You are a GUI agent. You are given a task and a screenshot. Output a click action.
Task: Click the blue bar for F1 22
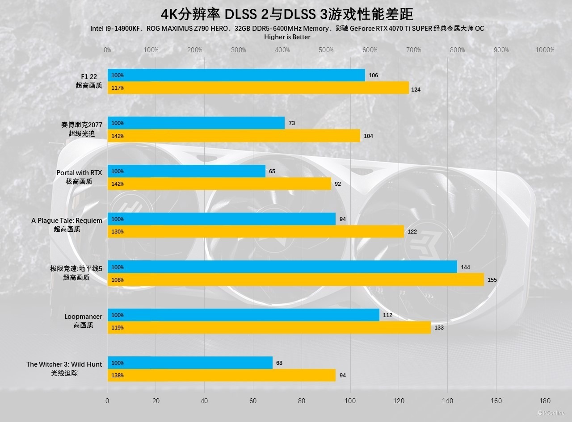[236, 75]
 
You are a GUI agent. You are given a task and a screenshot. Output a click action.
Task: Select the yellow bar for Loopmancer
[269, 327]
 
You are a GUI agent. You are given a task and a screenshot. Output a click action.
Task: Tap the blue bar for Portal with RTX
[186, 171]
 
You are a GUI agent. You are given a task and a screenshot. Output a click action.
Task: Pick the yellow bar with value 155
[295, 280]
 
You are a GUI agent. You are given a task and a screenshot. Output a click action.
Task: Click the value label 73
[292, 123]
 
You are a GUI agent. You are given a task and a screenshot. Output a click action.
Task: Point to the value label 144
[465, 267]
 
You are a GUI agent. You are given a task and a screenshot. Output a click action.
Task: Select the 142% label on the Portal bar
[118, 184]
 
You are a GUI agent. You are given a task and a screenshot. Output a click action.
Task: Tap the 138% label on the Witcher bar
[118, 376]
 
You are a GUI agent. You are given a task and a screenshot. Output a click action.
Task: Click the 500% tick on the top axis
[326, 50]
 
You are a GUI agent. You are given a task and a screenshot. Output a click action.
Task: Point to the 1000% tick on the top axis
[544, 50]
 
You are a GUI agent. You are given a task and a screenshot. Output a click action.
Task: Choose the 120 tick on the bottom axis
[399, 401]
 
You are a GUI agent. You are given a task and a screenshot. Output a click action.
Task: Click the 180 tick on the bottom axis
[545, 401]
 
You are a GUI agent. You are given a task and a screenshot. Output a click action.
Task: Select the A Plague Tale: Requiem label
[67, 221]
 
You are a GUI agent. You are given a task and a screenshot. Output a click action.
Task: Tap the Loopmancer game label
[83, 317]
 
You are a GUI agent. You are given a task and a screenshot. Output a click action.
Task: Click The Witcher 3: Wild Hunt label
[64, 364]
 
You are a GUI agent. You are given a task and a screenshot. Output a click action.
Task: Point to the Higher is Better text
[287, 37]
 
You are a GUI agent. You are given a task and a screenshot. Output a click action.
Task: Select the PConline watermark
[551, 413]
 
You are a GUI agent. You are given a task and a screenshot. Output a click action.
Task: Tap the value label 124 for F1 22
[416, 90]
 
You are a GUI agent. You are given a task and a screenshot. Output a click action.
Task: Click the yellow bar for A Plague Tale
[255, 231]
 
